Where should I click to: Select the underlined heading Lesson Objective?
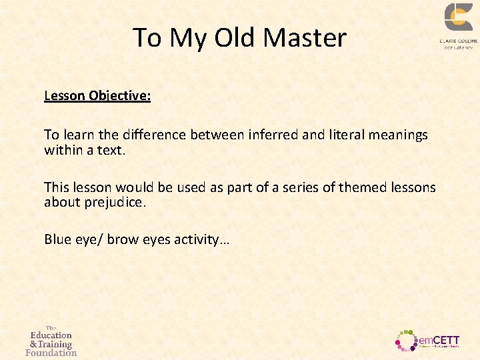pos(97,95)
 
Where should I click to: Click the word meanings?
pos(398,135)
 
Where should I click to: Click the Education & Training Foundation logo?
pos(51,341)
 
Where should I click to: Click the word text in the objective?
pos(109,149)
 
